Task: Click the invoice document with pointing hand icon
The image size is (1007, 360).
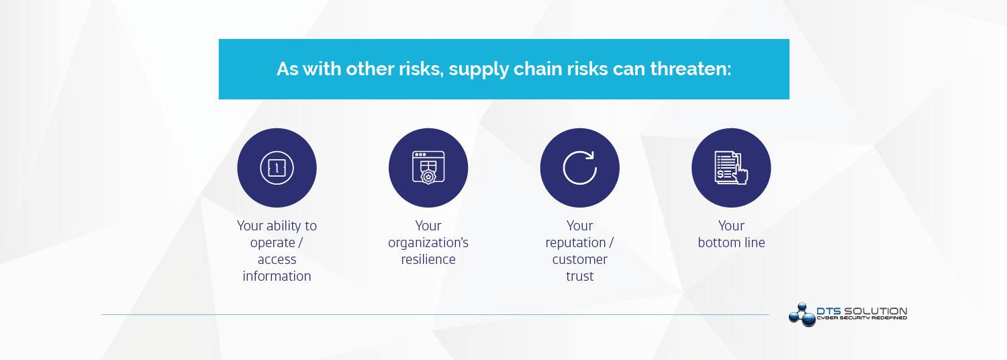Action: tap(732, 167)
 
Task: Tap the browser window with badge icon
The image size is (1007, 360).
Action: tap(428, 167)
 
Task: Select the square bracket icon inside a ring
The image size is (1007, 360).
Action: tap(277, 168)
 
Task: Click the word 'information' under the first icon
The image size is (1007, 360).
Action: tap(277, 276)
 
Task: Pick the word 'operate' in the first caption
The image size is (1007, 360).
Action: tap(273, 243)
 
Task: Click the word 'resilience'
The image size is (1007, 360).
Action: tap(428, 259)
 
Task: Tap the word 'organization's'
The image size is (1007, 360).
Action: tap(428, 243)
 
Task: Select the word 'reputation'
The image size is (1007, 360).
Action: tap(575, 243)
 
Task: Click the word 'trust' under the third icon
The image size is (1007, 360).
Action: tap(580, 276)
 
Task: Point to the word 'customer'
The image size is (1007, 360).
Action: tap(580, 259)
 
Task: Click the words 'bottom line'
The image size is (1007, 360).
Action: tap(732, 242)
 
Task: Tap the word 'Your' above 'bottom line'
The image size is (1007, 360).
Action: tap(732, 226)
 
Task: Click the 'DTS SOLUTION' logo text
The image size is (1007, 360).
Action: tap(862, 311)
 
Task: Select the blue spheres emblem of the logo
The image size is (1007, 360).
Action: tap(802, 314)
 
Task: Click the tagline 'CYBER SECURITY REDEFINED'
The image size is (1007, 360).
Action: tap(862, 318)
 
